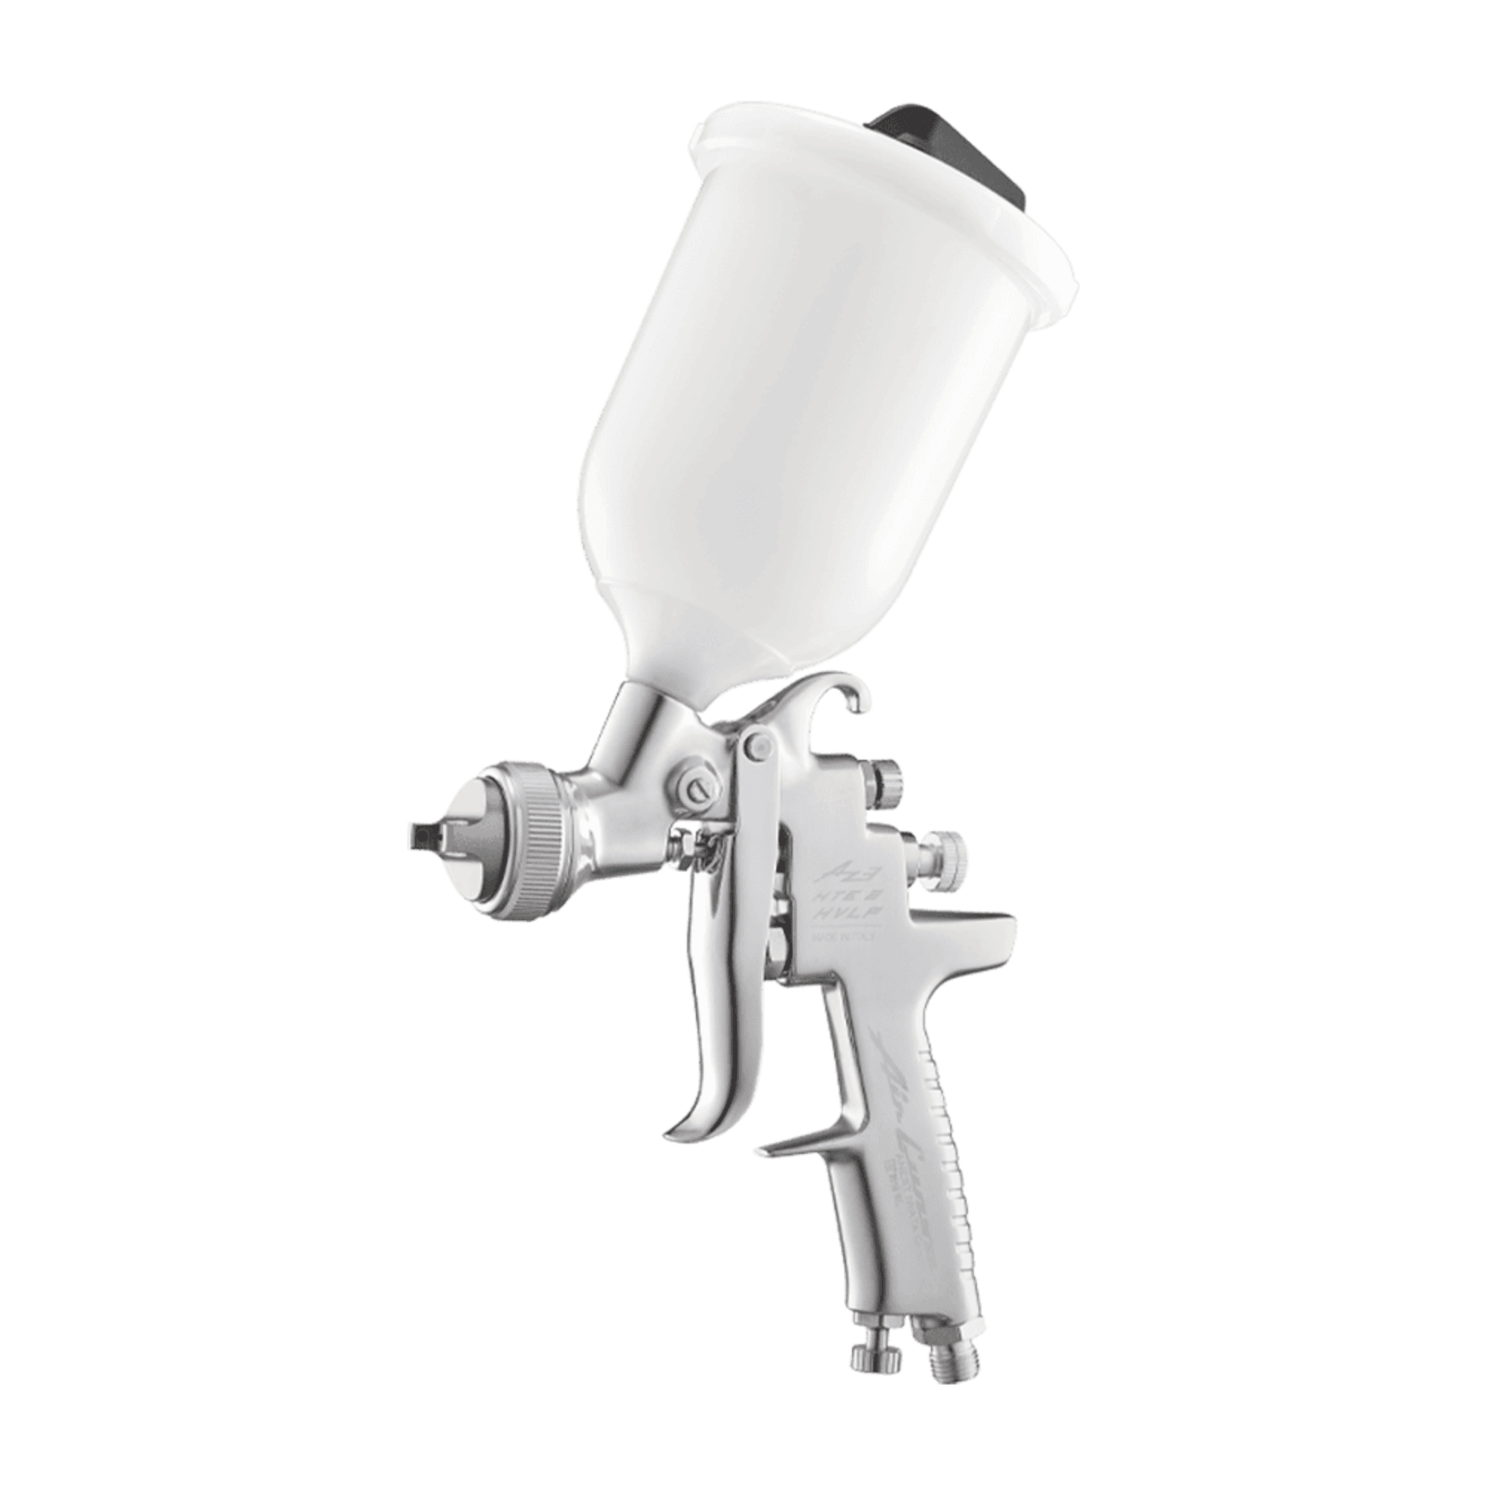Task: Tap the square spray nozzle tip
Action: pos(421,833)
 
